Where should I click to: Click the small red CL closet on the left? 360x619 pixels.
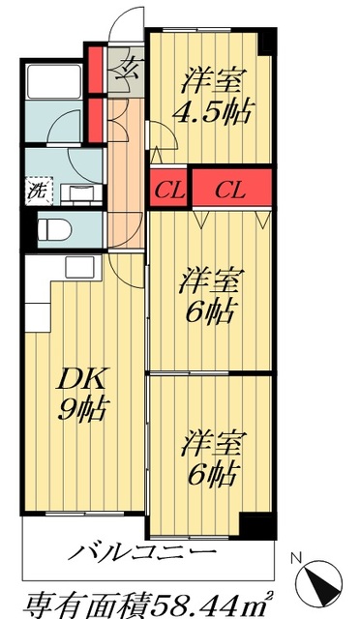coord(166,189)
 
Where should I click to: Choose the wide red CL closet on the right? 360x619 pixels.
coord(229,189)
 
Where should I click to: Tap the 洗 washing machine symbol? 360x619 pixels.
coord(36,190)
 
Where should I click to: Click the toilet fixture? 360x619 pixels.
coord(56,230)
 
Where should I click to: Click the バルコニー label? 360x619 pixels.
coord(142,554)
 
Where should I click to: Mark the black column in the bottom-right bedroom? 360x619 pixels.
coord(258,525)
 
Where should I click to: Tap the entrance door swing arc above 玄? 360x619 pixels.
coord(124,29)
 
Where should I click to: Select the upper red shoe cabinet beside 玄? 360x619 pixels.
coord(96,65)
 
